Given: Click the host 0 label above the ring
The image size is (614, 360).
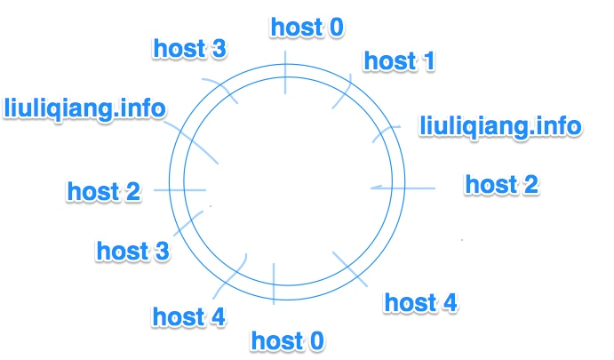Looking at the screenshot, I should click(306, 27).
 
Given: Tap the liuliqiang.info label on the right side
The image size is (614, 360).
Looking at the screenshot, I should click(499, 125).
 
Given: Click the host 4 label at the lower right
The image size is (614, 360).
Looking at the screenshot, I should click(420, 302).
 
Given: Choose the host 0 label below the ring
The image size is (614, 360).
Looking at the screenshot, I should click(287, 340).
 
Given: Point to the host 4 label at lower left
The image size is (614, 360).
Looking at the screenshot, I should click(188, 316).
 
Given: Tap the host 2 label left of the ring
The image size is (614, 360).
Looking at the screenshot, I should click(104, 190).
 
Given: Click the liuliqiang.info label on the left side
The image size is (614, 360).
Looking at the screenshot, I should click(84, 108).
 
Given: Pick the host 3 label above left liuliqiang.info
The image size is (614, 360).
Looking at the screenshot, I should click(189, 48).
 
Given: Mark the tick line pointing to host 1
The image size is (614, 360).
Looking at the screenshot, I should click(343, 91).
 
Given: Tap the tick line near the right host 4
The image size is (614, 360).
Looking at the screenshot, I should click(353, 270).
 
